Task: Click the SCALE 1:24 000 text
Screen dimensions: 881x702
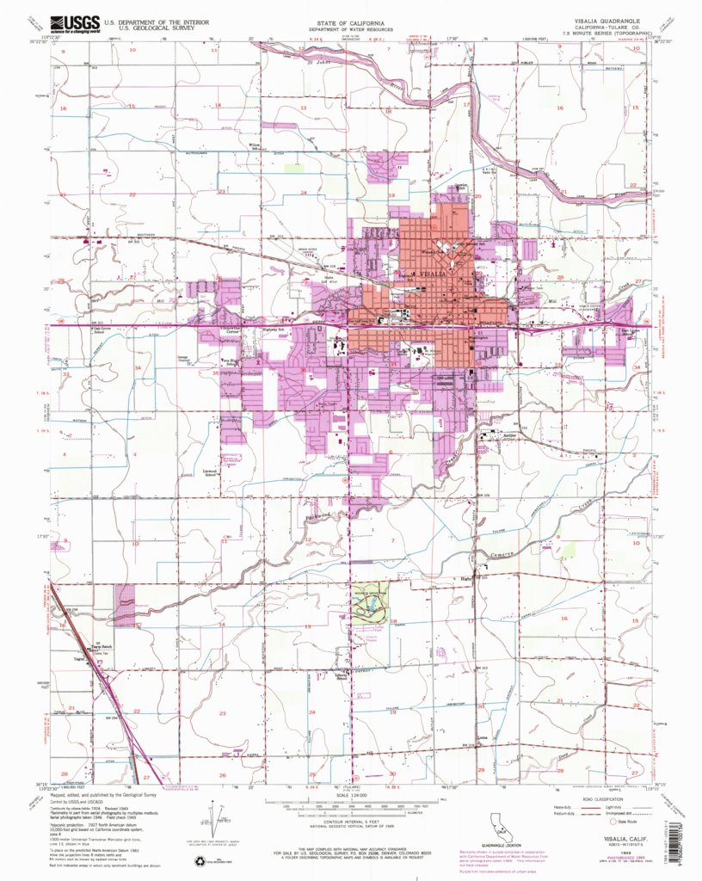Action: (350, 793)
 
